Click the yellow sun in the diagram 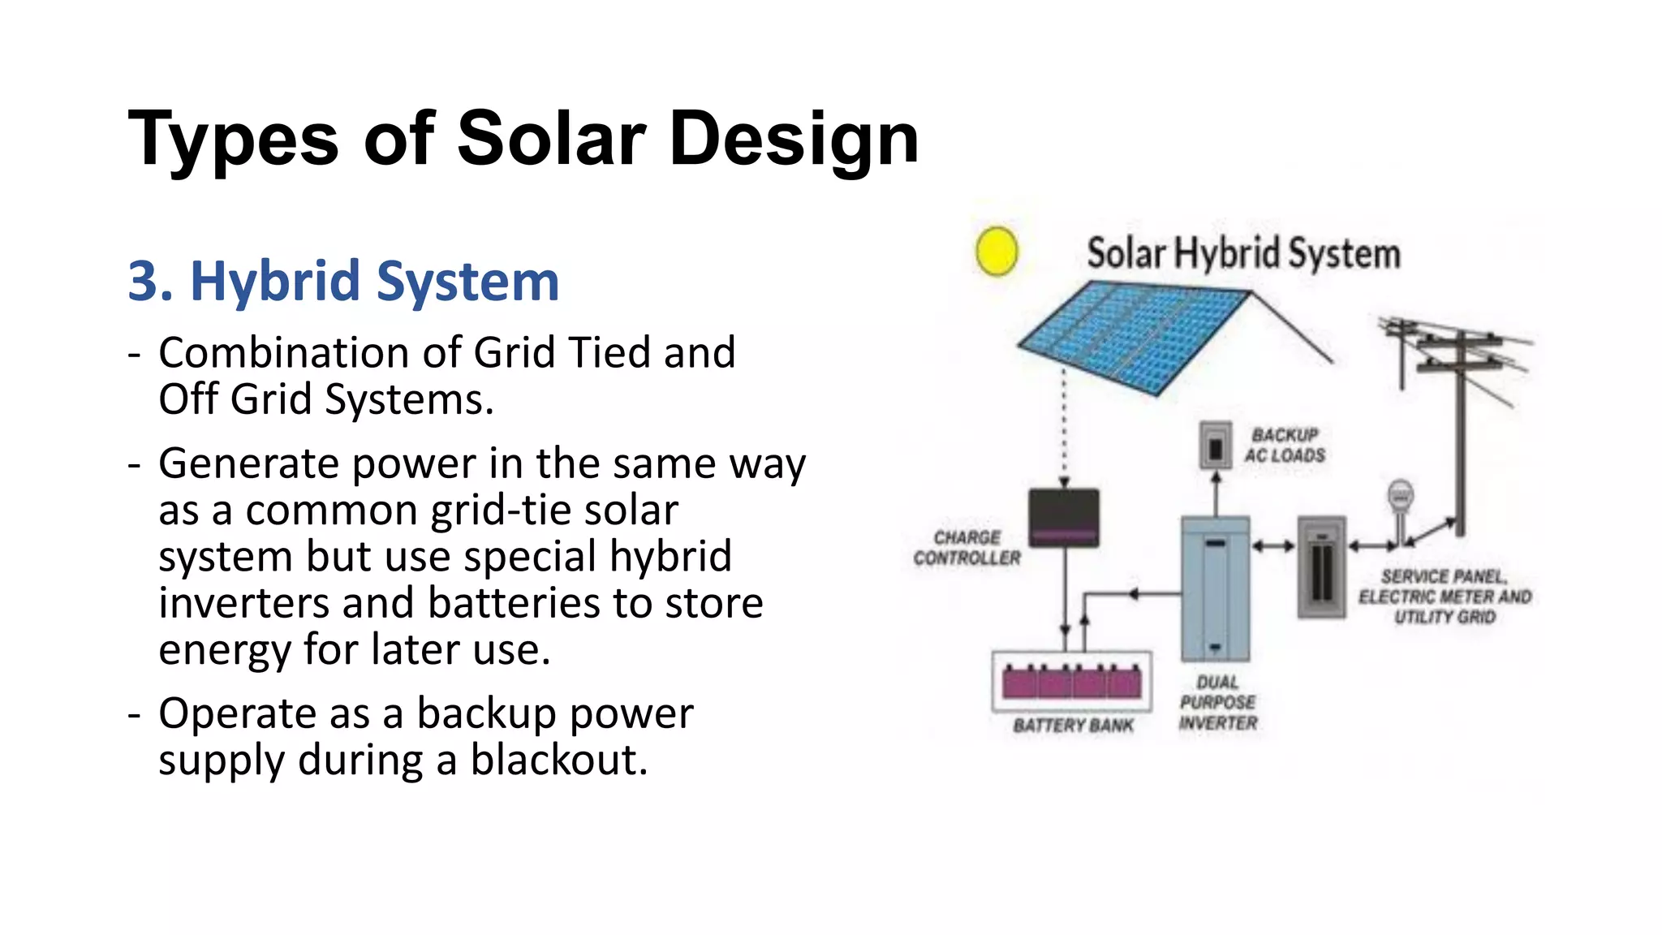click(x=997, y=251)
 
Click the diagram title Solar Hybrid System click(x=1243, y=253)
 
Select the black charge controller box click(x=1064, y=518)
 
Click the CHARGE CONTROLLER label click(x=967, y=548)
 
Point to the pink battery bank click(x=1072, y=682)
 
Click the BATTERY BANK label click(x=1073, y=726)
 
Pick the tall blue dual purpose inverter click(x=1215, y=588)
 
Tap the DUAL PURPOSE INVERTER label click(x=1217, y=703)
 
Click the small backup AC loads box click(x=1215, y=446)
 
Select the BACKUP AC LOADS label click(x=1285, y=446)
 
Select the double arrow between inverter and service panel click(x=1273, y=546)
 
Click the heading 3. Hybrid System click(x=343, y=282)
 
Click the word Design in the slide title click(x=794, y=139)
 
